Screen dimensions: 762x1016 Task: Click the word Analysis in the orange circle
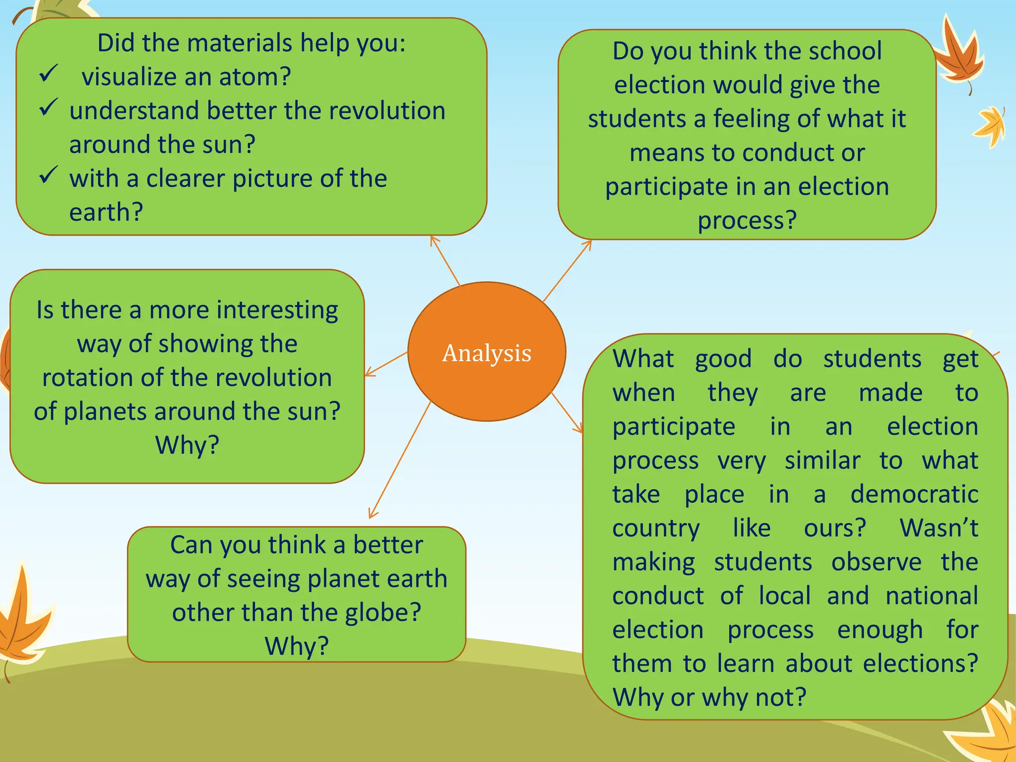pos(487,353)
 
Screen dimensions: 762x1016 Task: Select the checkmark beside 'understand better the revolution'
pos(49,107)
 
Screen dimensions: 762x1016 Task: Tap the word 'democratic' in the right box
pos(914,495)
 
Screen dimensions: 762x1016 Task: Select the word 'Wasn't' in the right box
pos(938,528)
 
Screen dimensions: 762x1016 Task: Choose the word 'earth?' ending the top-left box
pos(106,212)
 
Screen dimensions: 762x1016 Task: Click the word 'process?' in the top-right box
pos(747,220)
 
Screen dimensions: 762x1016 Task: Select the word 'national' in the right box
pos(932,596)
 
